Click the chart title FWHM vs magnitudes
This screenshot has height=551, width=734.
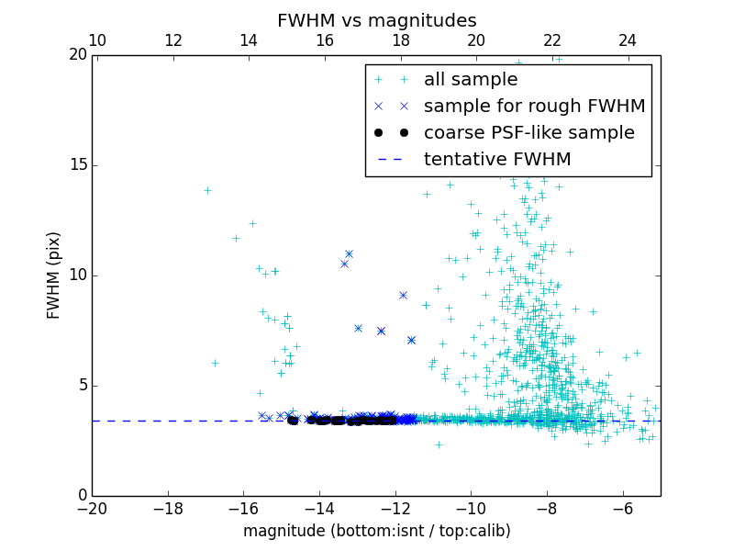click(x=376, y=20)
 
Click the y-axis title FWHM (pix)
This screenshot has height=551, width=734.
click(x=54, y=275)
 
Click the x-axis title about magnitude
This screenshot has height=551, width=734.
click(x=376, y=531)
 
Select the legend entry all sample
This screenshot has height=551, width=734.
click(x=471, y=80)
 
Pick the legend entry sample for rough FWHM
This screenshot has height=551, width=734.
click(x=534, y=107)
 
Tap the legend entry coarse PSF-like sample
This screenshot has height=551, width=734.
click(x=528, y=133)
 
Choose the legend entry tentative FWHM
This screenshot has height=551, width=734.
click(x=497, y=160)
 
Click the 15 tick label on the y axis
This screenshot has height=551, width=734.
click(x=77, y=165)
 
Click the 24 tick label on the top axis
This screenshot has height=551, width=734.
click(x=628, y=40)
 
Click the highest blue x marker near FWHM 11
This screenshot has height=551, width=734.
click(x=349, y=253)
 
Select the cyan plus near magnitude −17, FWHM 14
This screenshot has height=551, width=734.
click(x=207, y=190)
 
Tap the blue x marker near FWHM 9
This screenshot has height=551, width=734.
click(x=403, y=295)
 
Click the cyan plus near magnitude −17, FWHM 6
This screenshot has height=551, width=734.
click(x=215, y=363)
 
